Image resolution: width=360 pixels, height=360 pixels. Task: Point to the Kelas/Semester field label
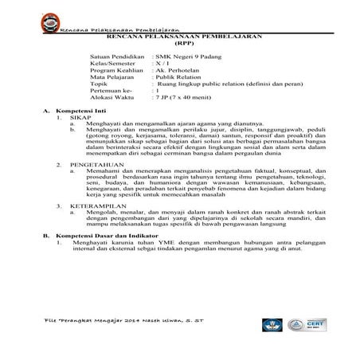click(x=112, y=66)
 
